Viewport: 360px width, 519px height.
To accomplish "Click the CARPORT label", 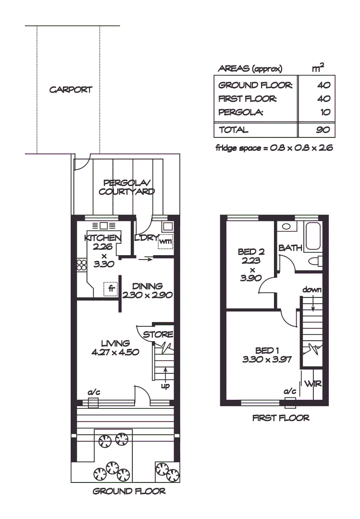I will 70,90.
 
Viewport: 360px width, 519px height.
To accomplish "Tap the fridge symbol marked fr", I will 111,289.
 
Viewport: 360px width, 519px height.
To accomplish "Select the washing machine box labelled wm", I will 165,241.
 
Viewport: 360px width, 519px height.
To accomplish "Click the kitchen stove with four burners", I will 81,265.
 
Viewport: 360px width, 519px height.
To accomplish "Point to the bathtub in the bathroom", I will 314,236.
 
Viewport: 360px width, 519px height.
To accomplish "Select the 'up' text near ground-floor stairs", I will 165,385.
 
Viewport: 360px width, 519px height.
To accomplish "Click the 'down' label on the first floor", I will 312,290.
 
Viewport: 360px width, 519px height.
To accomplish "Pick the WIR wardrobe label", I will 313,384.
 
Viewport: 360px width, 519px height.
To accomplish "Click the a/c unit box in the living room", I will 93,402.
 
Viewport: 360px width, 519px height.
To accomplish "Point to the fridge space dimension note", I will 274,148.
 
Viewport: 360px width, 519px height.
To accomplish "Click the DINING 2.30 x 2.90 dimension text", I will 148,296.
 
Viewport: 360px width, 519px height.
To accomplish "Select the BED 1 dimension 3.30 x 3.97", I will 268,358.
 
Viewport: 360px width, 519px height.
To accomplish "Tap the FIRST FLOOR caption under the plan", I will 281,418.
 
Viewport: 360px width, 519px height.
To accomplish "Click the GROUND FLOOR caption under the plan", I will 129,491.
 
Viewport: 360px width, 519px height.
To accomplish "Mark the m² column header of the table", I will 318,69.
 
